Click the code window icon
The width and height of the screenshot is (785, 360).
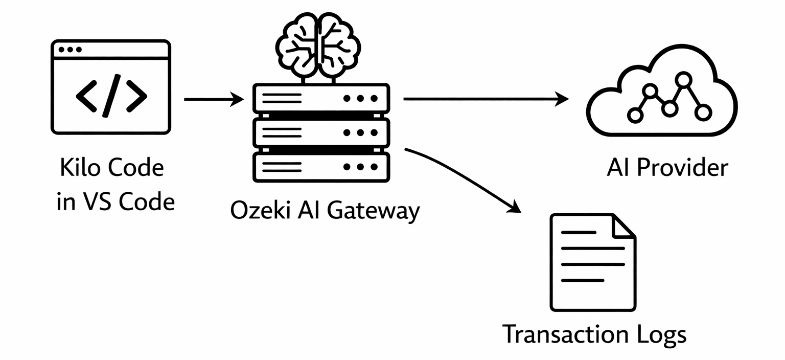tap(110, 87)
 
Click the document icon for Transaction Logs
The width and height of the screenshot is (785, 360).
tap(593, 262)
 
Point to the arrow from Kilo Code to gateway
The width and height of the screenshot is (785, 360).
tap(214, 99)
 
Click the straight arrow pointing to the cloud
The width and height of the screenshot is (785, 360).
tap(486, 99)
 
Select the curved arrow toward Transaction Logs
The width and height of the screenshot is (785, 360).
tap(465, 176)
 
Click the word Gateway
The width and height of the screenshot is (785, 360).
tap(373, 211)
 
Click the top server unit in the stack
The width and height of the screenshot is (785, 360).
tap(321, 99)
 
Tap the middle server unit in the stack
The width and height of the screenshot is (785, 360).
tap(321, 132)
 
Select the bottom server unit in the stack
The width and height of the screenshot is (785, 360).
tap(321, 167)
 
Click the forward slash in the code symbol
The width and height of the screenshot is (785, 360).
tap(111, 95)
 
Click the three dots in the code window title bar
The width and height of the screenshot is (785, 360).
tap(70, 50)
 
